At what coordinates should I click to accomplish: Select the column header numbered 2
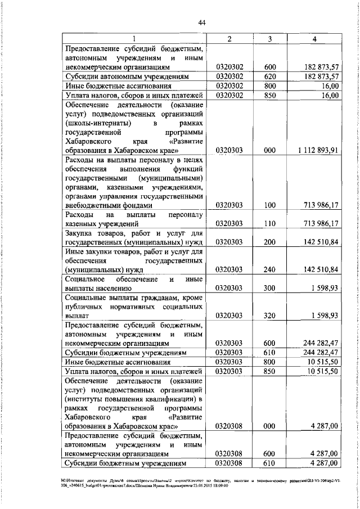tap(230, 38)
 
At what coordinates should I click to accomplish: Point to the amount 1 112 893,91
tap(316, 150)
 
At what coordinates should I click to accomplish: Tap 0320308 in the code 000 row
tap(230, 443)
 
